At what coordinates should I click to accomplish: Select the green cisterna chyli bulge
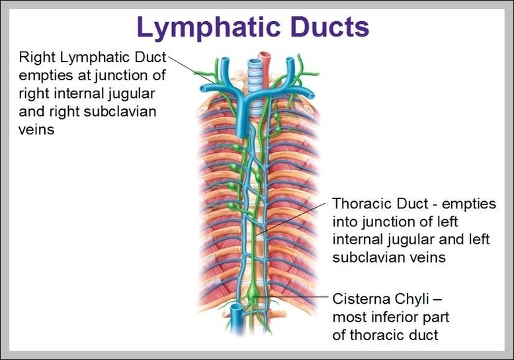click(x=255, y=292)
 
